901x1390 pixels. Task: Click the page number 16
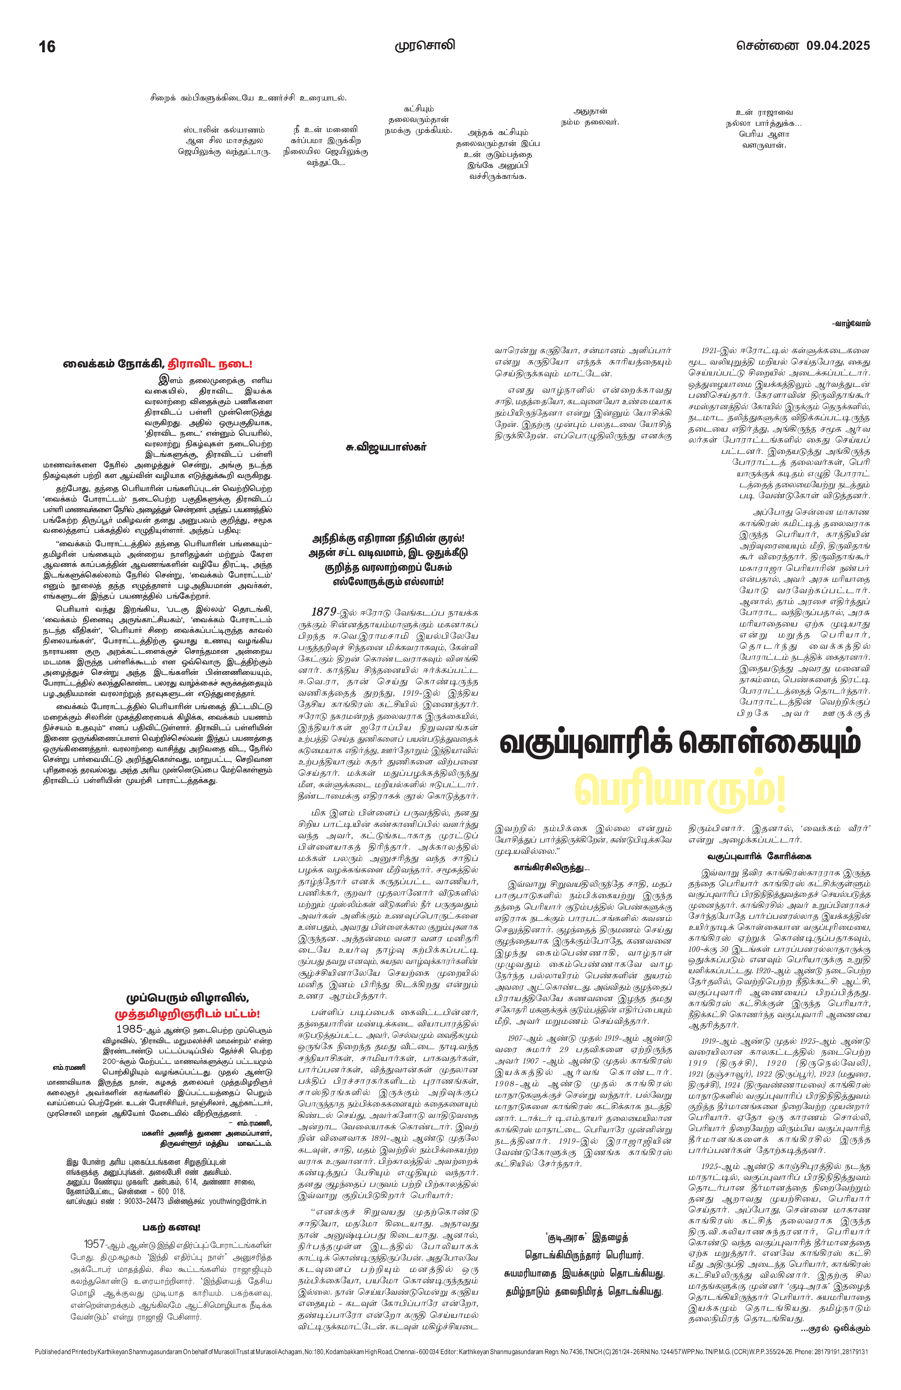pos(47,47)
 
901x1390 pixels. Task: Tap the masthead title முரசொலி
pos(424,46)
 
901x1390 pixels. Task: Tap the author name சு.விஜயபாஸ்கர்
pos(386,447)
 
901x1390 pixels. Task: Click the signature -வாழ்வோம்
pos(851,323)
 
